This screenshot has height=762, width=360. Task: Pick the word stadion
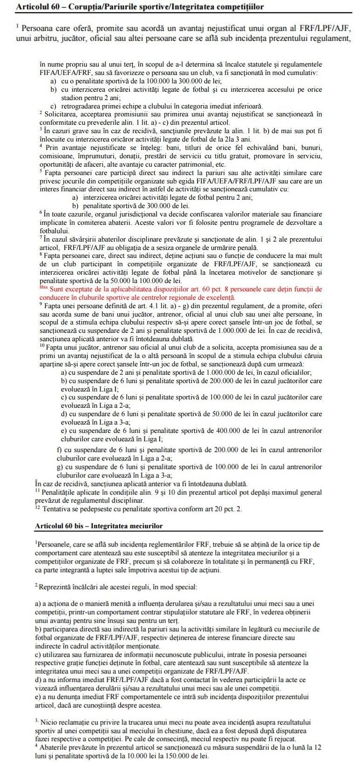(72, 98)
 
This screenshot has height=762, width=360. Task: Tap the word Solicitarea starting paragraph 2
(61, 114)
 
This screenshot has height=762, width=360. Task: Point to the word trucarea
(167, 722)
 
